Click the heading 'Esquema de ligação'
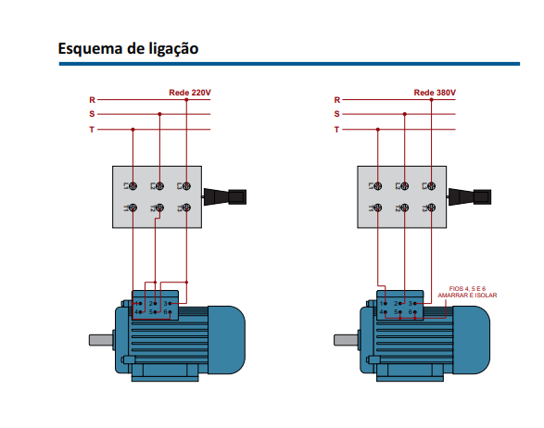(128, 47)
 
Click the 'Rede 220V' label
(189, 93)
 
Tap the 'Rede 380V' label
(435, 93)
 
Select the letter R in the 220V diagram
(92, 99)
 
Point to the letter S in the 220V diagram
(92, 114)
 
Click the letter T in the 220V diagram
(92, 130)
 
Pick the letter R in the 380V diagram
(337, 99)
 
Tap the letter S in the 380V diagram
(337, 114)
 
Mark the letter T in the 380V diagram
(337, 130)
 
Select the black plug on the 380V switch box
(472, 196)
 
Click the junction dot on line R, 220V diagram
(186, 99)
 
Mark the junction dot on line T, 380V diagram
(377, 130)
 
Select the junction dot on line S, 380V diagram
(405, 114)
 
